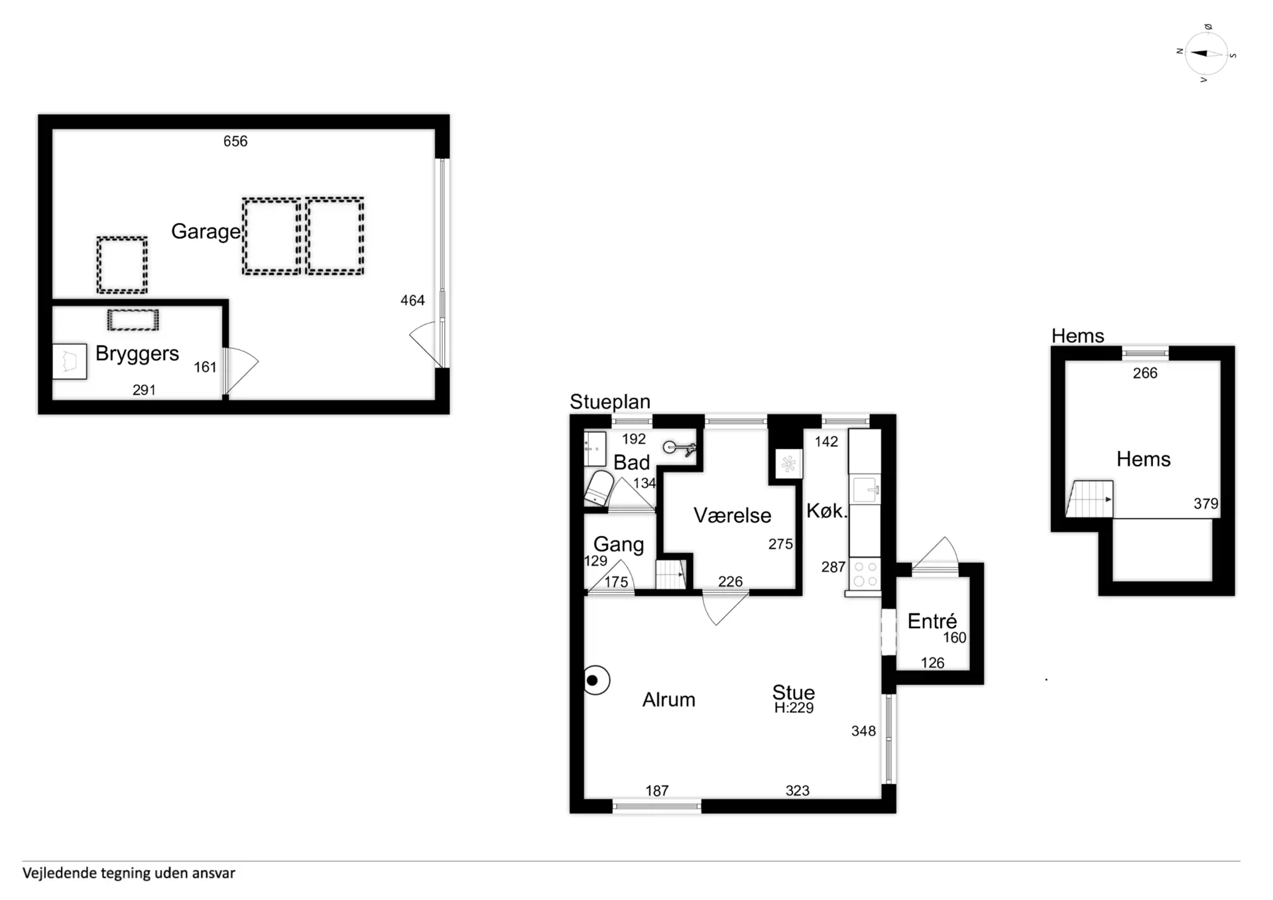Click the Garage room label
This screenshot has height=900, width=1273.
point(206,231)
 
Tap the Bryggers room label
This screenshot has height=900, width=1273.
point(137,354)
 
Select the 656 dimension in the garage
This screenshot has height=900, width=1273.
point(235,141)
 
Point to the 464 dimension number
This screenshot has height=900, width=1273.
point(412,300)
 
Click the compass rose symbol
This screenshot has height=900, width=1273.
point(1206,54)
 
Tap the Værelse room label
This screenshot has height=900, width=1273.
point(733,515)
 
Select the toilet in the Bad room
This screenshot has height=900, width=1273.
point(599,488)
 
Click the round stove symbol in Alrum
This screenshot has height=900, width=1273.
point(595,680)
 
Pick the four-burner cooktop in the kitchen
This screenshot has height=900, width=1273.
point(865,574)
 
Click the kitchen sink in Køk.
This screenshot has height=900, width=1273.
point(865,490)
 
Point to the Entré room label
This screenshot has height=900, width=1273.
point(932,621)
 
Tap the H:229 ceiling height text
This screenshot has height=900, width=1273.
point(794,708)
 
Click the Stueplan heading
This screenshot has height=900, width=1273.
point(610,402)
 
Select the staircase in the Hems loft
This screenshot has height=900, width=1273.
point(1089,499)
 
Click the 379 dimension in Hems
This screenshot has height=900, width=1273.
point(1206,504)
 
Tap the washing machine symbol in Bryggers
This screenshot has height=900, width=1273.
point(70,361)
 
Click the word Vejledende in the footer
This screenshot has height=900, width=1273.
point(60,873)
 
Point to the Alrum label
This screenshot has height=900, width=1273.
point(669,700)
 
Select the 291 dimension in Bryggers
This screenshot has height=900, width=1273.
point(144,390)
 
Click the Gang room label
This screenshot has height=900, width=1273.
point(619,545)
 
